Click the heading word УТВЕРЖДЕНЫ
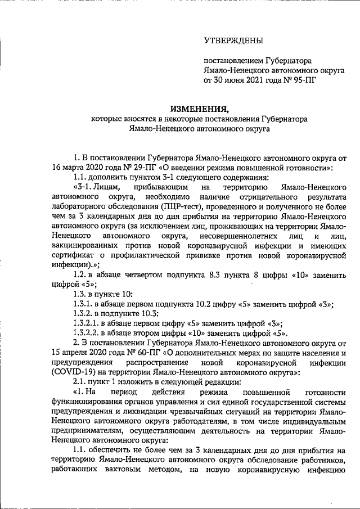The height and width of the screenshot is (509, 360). point(233,40)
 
